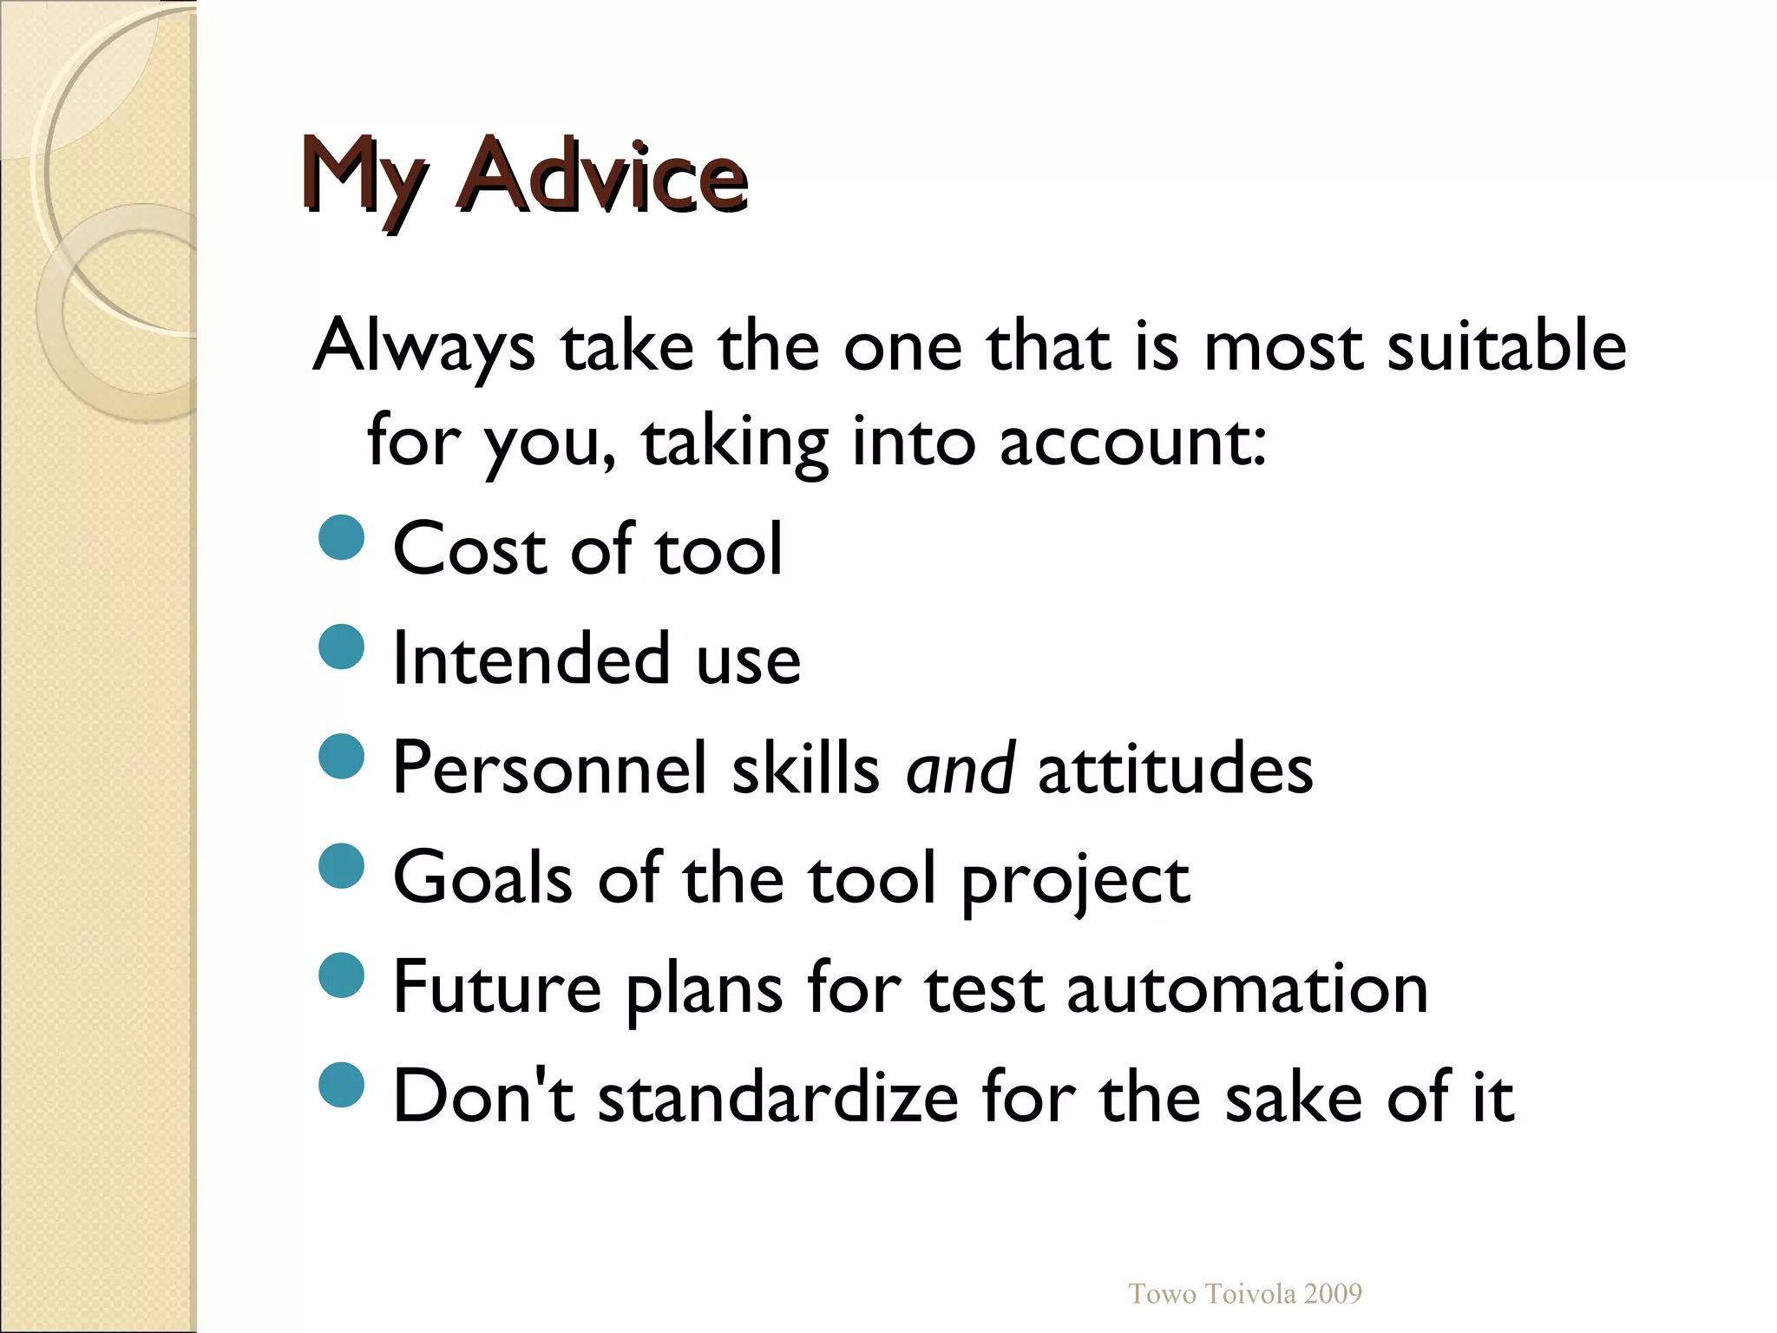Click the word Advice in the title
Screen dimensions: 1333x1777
[604, 176]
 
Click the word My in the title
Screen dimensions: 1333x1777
[363, 178]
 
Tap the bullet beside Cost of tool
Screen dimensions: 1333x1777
[341, 538]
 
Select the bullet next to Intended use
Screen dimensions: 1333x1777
[341, 647]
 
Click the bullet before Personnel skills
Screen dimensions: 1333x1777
[341, 757]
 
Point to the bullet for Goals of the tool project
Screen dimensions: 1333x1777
[341, 866]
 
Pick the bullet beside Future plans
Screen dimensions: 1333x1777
[341, 975]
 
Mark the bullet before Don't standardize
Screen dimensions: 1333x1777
[341, 1085]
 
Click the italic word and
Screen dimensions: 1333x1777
[960, 769]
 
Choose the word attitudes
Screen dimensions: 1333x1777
[1175, 769]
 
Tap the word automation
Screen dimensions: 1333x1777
[1247, 988]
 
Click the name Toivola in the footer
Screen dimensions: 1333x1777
[1251, 1294]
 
